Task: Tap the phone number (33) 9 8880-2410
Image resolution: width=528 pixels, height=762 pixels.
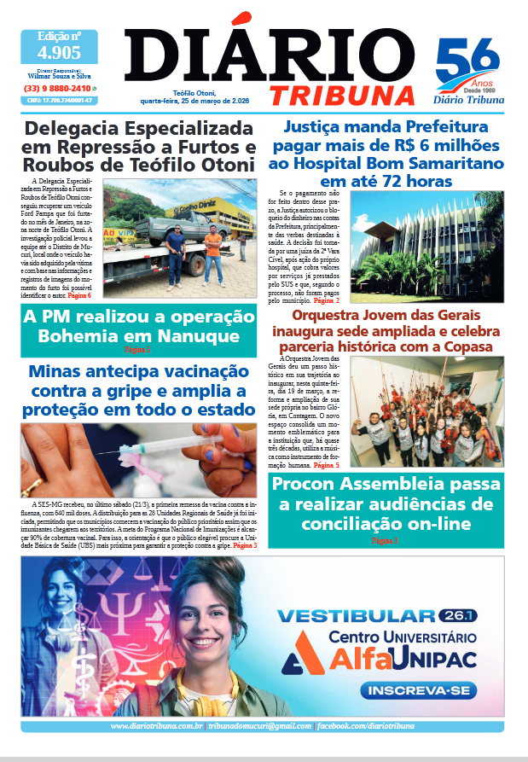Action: [x=57, y=89]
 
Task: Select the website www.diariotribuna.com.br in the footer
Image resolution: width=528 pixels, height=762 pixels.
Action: [x=156, y=725]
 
